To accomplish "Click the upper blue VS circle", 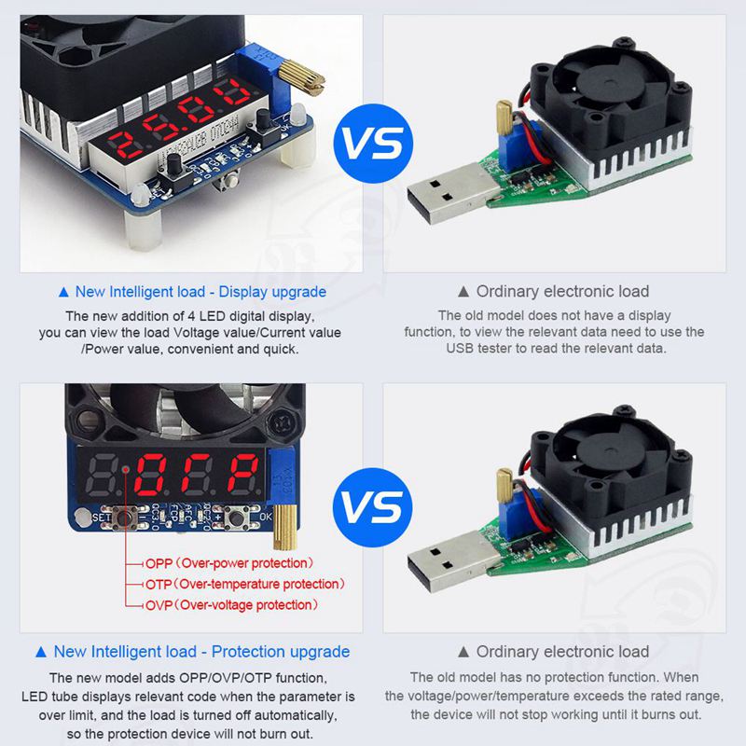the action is click(x=373, y=144).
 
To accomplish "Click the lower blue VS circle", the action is click(x=373, y=507).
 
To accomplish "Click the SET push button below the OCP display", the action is click(x=125, y=518).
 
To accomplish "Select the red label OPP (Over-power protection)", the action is click(x=229, y=563).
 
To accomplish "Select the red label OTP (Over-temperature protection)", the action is click(x=245, y=585).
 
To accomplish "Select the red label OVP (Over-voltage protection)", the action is click(x=231, y=605).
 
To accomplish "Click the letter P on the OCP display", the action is click(x=242, y=474).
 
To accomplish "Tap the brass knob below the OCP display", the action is click(x=285, y=527).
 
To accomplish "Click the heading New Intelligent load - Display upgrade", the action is click(x=200, y=292).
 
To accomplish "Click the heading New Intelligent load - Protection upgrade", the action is click(x=201, y=651).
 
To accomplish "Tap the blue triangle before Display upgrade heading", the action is click(x=63, y=292).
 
